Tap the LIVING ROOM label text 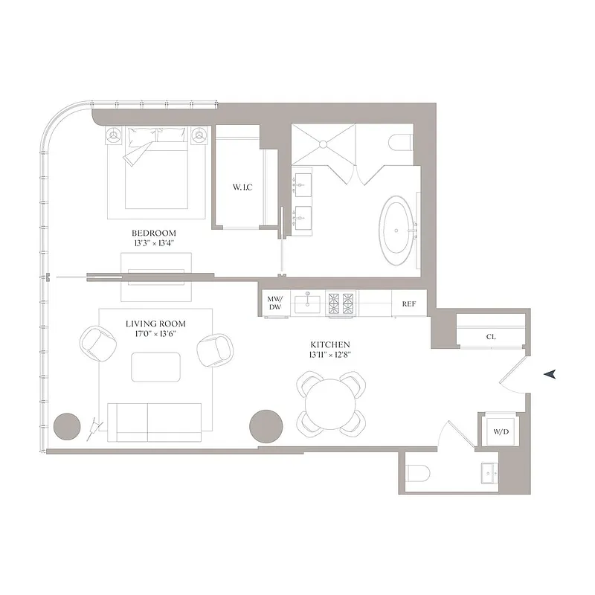tap(155, 324)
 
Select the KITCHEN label tap(329, 345)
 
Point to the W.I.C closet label tap(242, 187)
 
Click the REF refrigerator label tap(409, 304)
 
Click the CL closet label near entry tap(491, 337)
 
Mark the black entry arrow tap(550, 375)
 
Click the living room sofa tap(155, 422)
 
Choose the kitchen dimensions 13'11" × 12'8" tap(329, 356)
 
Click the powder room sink tap(489, 472)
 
